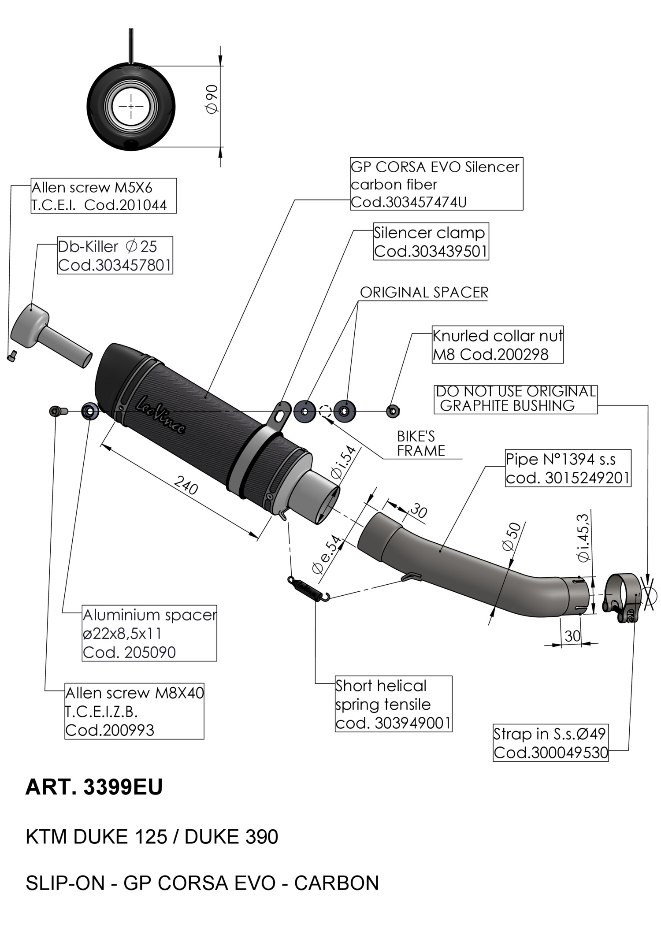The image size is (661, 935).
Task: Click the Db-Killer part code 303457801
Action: pyautogui.click(x=115, y=265)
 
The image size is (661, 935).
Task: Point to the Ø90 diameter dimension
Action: pyautogui.click(x=212, y=99)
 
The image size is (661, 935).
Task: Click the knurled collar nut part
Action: pyautogui.click(x=392, y=411)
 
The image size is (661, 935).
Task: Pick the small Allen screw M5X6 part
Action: pyautogui.click(x=12, y=356)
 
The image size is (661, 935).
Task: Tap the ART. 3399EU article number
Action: pyautogui.click(x=94, y=787)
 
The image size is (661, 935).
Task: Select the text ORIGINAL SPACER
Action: pyautogui.click(x=424, y=293)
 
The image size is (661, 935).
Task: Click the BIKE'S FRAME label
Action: pyautogui.click(x=421, y=444)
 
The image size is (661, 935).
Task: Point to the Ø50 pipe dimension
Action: pyautogui.click(x=512, y=536)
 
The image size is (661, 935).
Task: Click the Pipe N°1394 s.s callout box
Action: pyautogui.click(x=568, y=468)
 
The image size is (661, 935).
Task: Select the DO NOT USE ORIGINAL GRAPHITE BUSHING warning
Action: pyautogui.click(x=516, y=399)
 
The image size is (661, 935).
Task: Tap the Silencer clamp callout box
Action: pyautogui.click(x=431, y=241)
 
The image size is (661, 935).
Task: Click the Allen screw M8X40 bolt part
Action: pyautogui.click(x=58, y=411)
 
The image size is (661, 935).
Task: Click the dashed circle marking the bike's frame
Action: pyautogui.click(x=325, y=411)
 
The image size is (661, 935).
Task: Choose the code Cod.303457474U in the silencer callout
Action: pyautogui.click(x=408, y=202)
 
